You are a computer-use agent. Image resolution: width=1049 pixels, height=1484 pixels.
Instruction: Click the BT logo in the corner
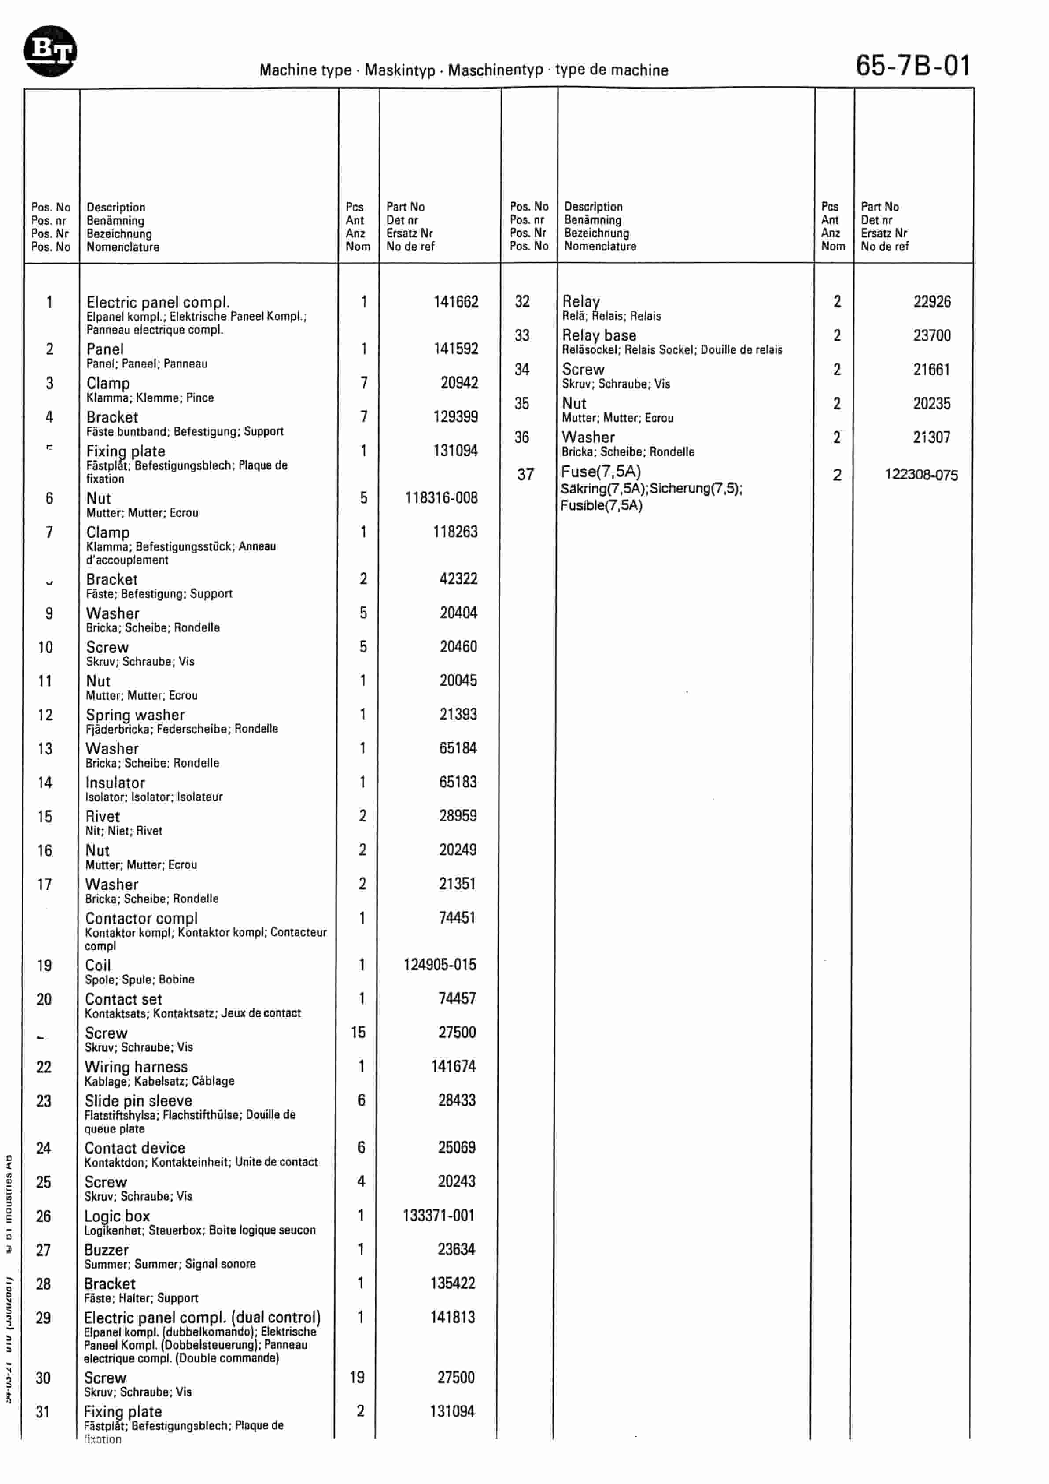coord(50,51)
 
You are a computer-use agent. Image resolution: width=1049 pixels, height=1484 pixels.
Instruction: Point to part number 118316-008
coord(441,498)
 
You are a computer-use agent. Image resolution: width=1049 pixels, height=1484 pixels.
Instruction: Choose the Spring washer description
coord(135,715)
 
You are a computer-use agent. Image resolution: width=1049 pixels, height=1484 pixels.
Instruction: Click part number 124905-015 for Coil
coord(439,965)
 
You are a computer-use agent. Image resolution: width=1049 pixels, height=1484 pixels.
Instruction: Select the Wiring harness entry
coord(136,1067)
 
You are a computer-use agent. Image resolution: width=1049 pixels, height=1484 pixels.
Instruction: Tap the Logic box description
coord(117,1217)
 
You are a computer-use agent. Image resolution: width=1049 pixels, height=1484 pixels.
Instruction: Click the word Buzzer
coord(106,1250)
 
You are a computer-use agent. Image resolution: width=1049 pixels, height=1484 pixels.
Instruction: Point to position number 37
coord(525,475)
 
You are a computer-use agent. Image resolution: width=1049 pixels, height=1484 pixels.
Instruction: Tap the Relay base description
coord(599,335)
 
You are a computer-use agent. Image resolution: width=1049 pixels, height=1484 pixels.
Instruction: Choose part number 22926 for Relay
coord(931,302)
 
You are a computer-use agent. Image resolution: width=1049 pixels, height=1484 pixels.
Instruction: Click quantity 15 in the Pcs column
coord(358,1033)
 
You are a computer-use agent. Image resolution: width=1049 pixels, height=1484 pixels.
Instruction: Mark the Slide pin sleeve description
coord(138,1101)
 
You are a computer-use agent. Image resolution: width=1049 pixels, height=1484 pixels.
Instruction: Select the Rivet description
coord(102,817)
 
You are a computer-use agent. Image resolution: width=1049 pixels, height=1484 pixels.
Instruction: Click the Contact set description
coord(123,999)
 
